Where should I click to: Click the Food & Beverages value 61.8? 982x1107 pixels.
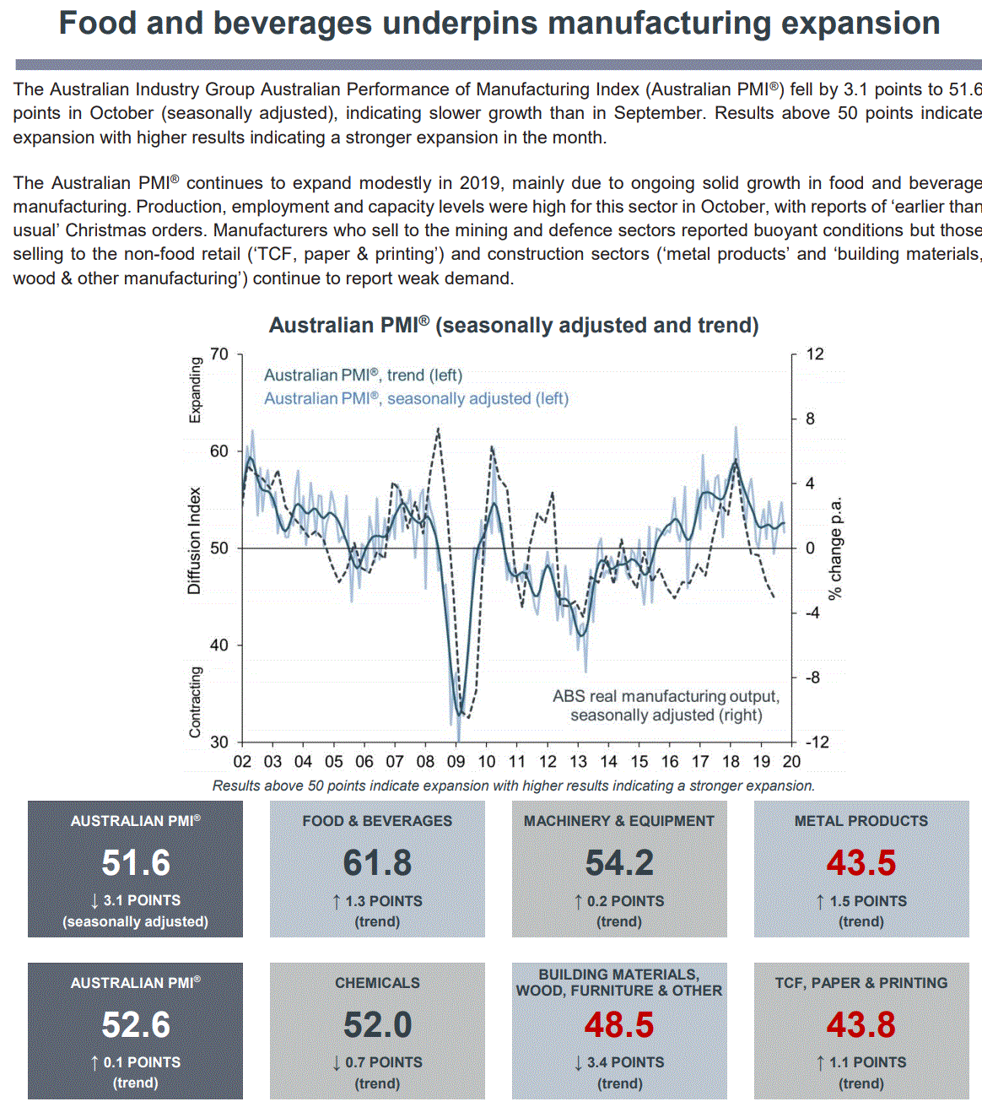point(377,863)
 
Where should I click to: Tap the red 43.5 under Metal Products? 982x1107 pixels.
point(861,863)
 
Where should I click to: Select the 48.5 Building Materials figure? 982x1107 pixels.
point(619,1025)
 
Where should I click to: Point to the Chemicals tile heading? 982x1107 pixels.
point(377,983)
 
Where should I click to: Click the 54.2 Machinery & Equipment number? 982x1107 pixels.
point(619,863)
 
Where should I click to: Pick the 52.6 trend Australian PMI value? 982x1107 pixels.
point(136,1025)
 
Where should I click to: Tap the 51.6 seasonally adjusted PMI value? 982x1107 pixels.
point(136,863)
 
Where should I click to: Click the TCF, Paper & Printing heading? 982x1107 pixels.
point(861,983)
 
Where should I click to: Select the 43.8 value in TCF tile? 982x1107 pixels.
point(861,1025)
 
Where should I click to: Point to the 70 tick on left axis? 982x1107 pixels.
point(219,354)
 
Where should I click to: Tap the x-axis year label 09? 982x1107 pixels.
point(456,762)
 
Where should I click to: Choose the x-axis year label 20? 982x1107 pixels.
point(791,762)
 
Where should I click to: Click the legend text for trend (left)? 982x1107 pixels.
point(363,375)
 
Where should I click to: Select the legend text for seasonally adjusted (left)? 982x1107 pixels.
point(416,398)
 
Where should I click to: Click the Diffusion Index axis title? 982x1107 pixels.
point(195,541)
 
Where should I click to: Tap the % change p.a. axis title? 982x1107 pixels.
point(835,548)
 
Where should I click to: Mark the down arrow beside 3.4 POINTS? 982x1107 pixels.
point(579,1063)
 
